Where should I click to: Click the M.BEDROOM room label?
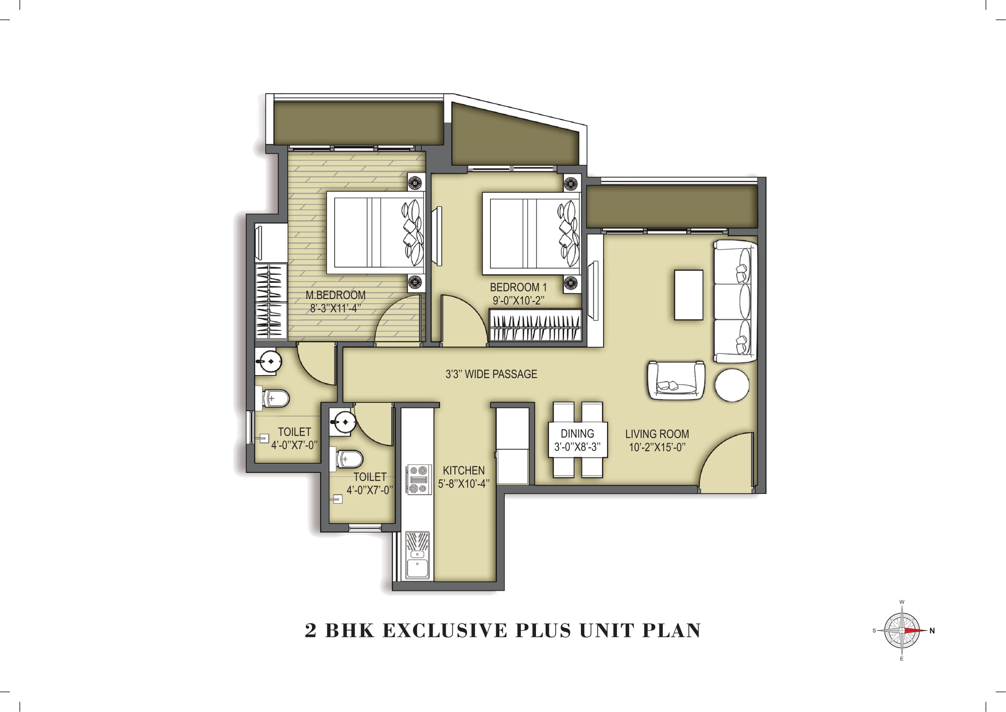[x=335, y=295]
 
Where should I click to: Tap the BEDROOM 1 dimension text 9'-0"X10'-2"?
[x=518, y=301]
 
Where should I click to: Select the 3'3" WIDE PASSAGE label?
[x=491, y=374]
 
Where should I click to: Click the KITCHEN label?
[x=463, y=470]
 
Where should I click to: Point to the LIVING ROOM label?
[x=657, y=434]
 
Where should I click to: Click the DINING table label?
[x=577, y=434]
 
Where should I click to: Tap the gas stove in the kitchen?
[x=418, y=480]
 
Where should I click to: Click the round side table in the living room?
[x=732, y=385]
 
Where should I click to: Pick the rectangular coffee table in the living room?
[x=688, y=295]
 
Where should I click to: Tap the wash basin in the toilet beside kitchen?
[x=342, y=422]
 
